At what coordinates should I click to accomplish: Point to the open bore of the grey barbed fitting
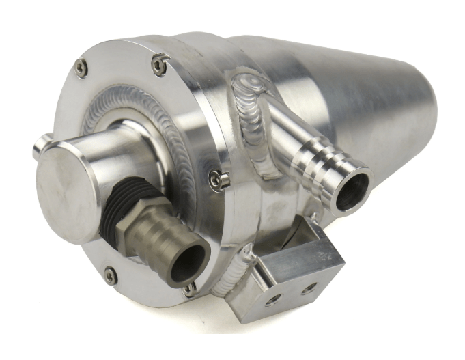click(188, 262)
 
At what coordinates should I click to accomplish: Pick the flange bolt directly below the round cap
click(110, 276)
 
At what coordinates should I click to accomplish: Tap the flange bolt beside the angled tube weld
click(219, 180)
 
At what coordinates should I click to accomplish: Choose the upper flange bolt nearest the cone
click(159, 65)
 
